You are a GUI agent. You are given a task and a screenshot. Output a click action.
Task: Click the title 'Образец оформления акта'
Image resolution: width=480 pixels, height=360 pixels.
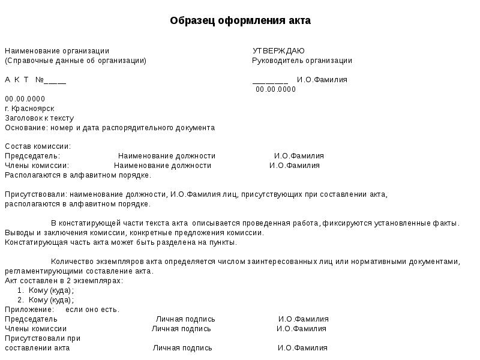click(240, 21)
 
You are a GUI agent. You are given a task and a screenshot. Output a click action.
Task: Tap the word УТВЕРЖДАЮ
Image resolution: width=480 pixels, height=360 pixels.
click(278, 51)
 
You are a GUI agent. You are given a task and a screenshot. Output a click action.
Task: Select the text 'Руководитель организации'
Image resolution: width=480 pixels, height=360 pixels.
click(301, 61)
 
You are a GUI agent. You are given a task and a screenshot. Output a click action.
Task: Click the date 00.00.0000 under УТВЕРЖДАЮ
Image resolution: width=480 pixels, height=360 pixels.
click(275, 89)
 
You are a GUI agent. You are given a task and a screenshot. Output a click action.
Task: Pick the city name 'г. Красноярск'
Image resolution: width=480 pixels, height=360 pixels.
click(29, 109)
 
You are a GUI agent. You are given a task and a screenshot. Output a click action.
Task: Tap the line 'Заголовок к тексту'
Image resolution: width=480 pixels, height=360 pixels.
click(39, 118)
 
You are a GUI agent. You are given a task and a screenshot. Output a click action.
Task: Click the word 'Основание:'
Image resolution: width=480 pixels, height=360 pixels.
click(24, 128)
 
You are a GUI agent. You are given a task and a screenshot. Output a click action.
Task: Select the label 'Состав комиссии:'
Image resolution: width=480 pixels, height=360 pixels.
click(38, 146)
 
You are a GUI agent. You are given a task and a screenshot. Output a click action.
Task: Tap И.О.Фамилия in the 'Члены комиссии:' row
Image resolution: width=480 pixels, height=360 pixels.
click(295, 166)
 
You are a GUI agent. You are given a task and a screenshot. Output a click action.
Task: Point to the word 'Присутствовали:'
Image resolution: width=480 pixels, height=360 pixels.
click(35, 194)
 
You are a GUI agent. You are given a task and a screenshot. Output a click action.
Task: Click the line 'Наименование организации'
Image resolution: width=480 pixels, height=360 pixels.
click(57, 51)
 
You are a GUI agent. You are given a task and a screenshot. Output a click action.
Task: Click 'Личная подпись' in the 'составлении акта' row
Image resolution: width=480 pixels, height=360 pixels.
click(182, 348)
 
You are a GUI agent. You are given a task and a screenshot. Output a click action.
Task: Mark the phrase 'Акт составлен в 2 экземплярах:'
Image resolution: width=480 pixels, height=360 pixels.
click(64, 281)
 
